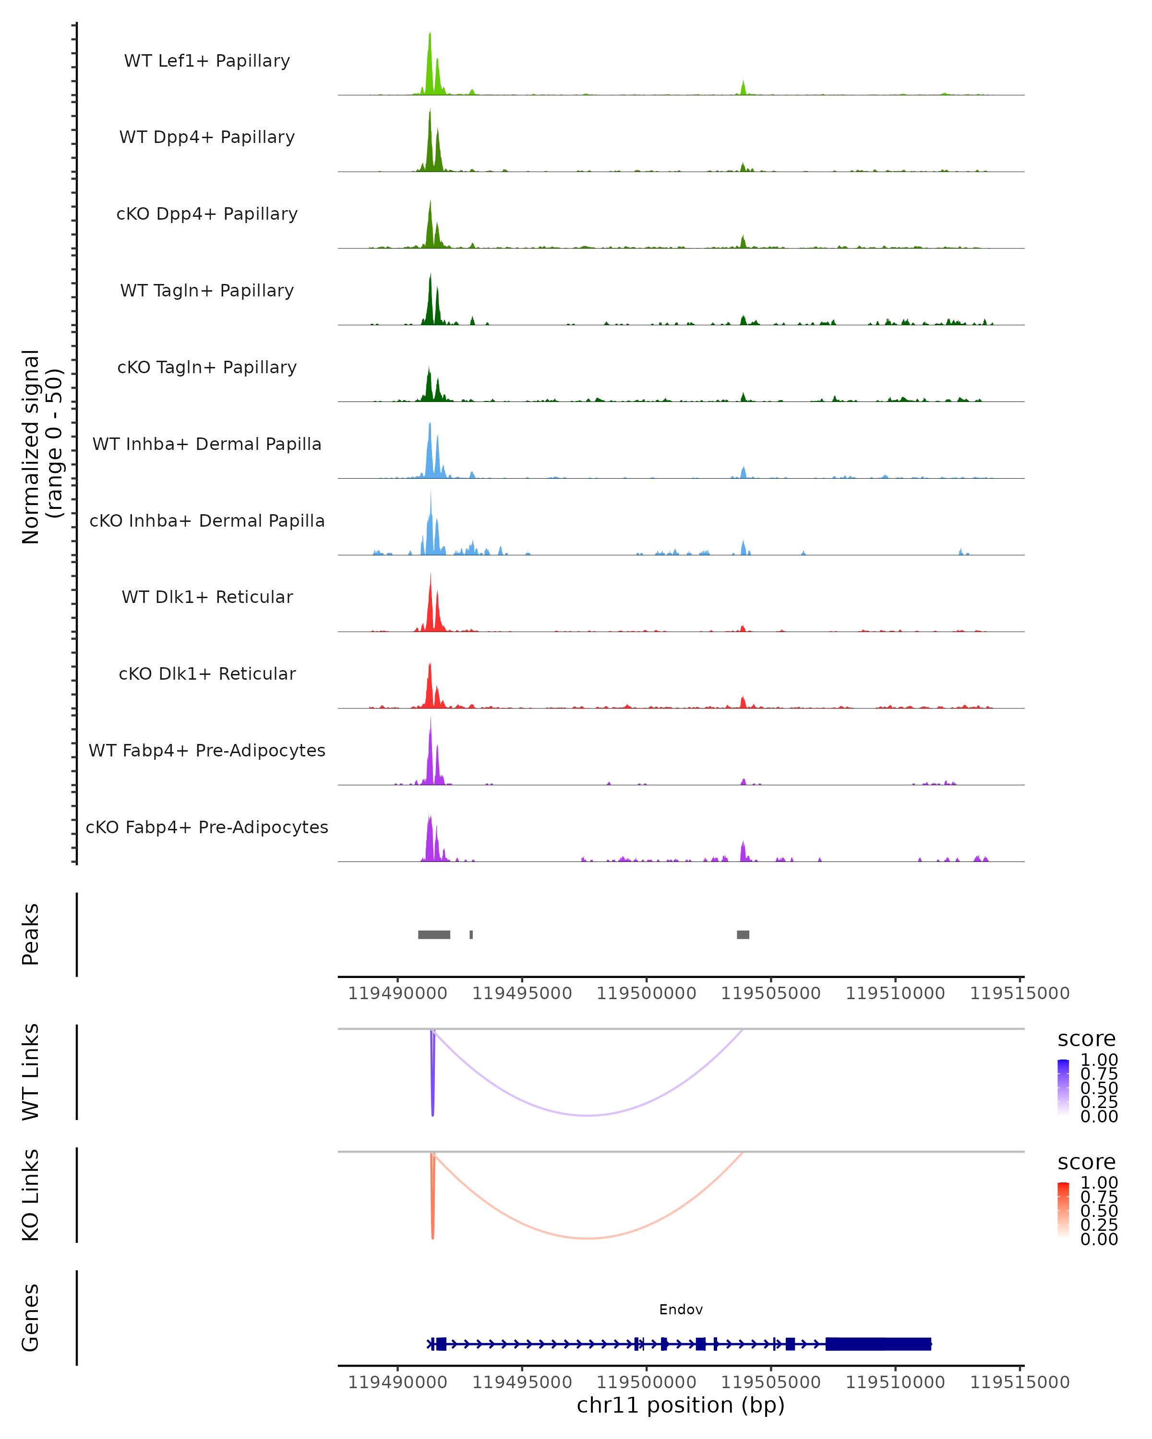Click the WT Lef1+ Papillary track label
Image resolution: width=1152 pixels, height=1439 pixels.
(207, 61)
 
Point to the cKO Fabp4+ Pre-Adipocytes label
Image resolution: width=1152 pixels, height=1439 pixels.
(207, 827)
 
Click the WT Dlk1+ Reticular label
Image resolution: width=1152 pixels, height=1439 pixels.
(207, 597)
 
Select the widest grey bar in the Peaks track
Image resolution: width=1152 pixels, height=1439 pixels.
(434, 934)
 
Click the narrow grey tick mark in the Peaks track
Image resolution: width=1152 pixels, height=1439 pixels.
(471, 934)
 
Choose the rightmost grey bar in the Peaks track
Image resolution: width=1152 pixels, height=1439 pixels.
(743, 934)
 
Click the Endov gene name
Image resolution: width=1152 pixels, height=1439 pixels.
(681, 1309)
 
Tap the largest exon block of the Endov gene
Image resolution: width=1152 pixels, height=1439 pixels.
(878, 1344)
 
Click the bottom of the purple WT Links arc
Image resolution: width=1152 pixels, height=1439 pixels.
(587, 1115)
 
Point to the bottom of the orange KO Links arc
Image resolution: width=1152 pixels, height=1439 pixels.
(587, 1238)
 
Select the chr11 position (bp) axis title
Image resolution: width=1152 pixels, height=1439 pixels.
(681, 1405)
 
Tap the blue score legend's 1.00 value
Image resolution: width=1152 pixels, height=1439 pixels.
(1099, 1060)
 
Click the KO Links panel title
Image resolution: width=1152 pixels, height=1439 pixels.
(31, 1195)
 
